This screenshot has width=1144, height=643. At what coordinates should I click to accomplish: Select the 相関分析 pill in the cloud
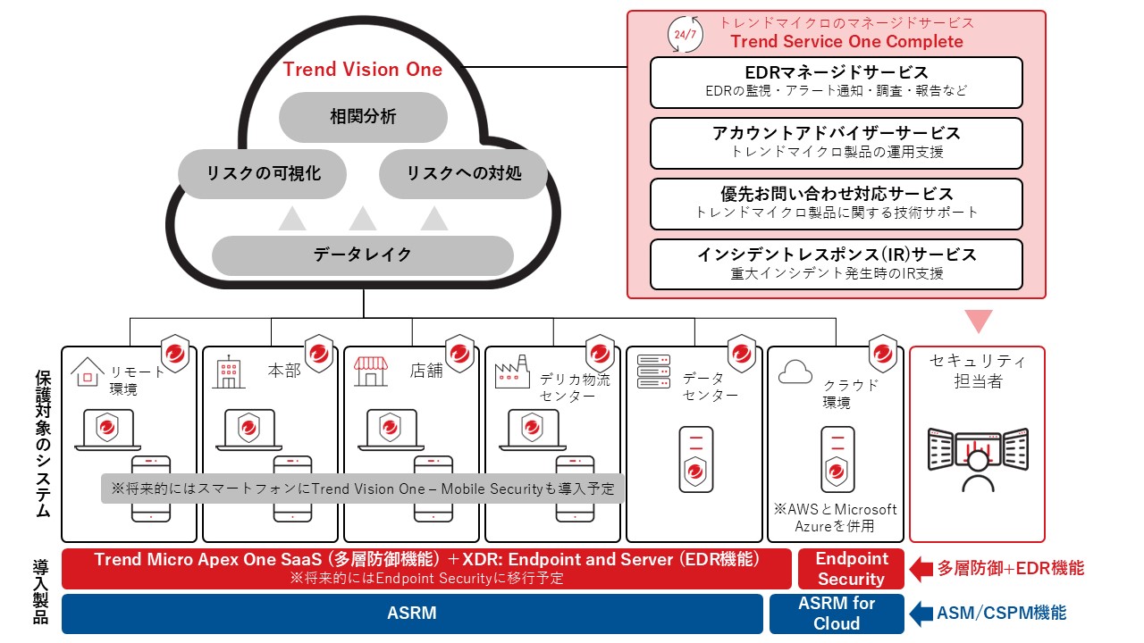(x=363, y=116)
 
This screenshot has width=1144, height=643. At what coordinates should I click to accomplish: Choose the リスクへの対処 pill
(x=463, y=173)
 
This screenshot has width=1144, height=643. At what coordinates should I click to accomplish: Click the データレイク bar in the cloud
(x=363, y=255)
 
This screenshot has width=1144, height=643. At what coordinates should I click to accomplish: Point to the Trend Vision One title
(x=363, y=70)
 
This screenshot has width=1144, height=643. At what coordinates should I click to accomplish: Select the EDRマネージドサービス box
(x=836, y=82)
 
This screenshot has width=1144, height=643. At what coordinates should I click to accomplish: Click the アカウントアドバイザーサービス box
(x=836, y=143)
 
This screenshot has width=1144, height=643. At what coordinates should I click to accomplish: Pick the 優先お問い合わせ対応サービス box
(x=836, y=204)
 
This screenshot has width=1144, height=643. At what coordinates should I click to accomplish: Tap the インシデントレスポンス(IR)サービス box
(x=836, y=264)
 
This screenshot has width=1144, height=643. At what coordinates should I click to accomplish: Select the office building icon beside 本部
(x=228, y=372)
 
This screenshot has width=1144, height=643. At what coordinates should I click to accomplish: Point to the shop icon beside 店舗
(x=371, y=372)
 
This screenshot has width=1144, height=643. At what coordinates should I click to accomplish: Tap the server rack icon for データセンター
(x=654, y=372)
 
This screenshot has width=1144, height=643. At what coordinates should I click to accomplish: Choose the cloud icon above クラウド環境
(x=795, y=372)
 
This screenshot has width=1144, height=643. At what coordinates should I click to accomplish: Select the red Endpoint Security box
(x=851, y=569)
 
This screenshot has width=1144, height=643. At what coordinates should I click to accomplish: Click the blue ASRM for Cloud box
(x=837, y=614)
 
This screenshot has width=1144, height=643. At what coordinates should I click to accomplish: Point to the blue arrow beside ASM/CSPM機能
(x=921, y=614)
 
